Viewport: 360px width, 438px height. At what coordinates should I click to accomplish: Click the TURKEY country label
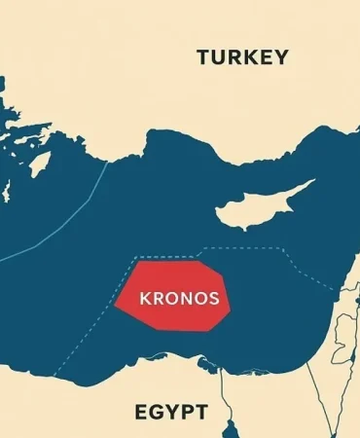242,57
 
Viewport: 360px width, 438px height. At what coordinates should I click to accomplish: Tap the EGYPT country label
170,413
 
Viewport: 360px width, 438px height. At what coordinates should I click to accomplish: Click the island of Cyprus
255,203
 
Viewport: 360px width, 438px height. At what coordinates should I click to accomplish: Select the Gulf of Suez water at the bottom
230,428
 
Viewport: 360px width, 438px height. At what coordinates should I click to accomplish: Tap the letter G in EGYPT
155,413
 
